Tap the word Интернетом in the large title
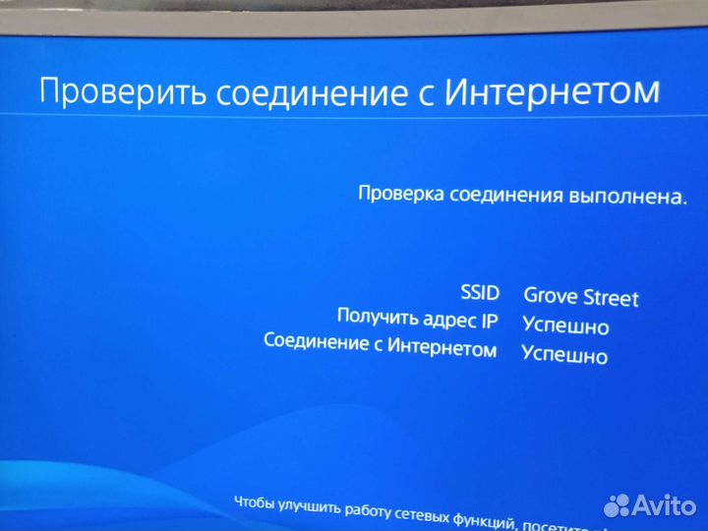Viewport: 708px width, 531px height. coord(552,91)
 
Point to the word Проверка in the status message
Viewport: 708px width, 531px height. coord(400,194)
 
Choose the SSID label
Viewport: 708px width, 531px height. coord(480,292)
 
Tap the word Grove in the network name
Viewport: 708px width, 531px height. coord(551,295)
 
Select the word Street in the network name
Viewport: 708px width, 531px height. coord(611,298)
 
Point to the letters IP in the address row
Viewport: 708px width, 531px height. coord(489,321)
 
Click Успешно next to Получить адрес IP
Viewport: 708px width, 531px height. coord(565,325)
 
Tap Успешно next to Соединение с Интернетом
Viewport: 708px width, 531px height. coord(564,355)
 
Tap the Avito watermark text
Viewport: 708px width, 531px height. coord(664,505)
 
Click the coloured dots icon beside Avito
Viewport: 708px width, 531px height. coord(617,505)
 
